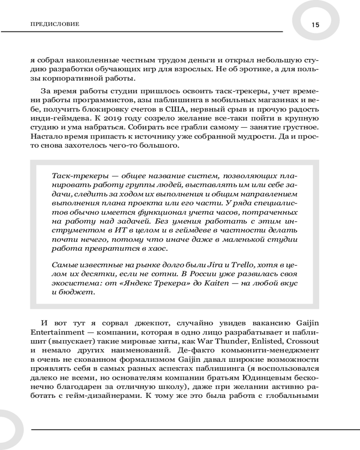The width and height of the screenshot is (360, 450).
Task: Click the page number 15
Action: [315, 25]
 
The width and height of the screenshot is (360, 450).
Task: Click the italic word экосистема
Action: [72, 283]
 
